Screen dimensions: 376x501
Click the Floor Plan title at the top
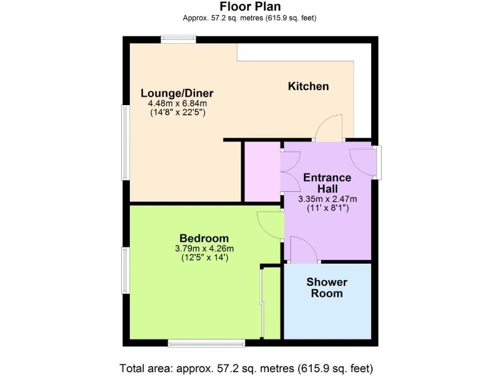tap(250, 7)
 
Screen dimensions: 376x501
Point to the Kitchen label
tap(309, 86)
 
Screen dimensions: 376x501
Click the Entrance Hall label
tap(327, 183)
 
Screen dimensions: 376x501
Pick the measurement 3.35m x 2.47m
tap(327, 199)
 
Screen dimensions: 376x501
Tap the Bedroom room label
tap(204, 238)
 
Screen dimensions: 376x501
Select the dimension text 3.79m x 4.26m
tap(204, 248)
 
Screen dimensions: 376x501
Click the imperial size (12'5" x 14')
tap(204, 258)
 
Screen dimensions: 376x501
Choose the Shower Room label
tap(327, 288)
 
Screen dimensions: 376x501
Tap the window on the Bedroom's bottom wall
tap(206, 342)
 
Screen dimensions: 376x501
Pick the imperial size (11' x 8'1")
tap(327, 209)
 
